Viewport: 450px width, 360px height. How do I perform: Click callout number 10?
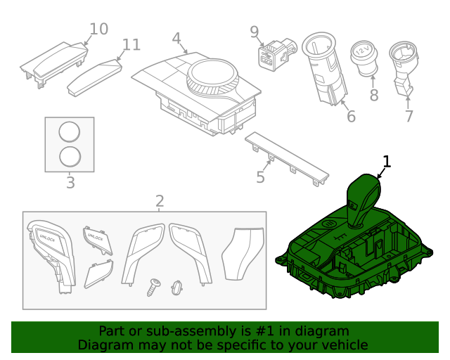(98, 29)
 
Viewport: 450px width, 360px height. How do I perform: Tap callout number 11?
(131, 45)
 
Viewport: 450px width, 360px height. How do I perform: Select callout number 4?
(176, 38)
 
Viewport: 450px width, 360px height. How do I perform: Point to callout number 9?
(255, 31)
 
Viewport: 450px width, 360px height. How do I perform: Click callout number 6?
(351, 116)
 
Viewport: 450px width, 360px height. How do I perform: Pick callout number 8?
(373, 95)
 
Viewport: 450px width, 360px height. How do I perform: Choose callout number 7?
(409, 116)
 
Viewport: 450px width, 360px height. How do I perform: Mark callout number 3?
(70, 184)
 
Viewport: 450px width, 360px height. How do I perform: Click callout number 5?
(261, 177)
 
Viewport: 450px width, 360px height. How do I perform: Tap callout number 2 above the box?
(160, 201)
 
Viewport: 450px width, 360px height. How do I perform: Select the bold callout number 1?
(386, 162)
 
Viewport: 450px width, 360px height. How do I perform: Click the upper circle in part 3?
(70, 132)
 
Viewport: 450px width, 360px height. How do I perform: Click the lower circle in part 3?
(70, 156)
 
